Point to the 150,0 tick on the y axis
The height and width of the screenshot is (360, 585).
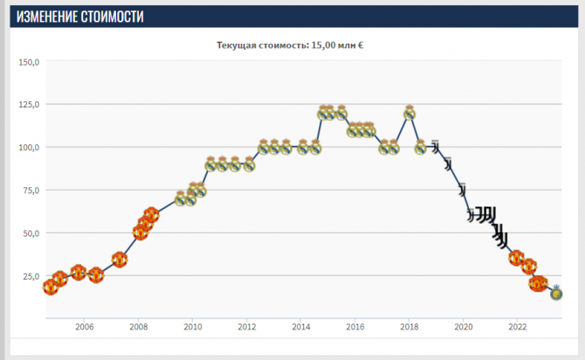pos(30,63)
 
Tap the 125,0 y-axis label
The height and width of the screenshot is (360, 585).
pos(30,105)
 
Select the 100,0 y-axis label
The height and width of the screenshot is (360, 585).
pos(30,148)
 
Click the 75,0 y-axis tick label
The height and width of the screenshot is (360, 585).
pos(31,190)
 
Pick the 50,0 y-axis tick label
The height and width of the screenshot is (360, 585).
pos(31,233)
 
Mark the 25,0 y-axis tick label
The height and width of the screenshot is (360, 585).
pos(31,276)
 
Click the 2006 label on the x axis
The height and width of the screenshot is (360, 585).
pos(85,329)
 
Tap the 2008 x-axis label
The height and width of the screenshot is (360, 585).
pos(139,329)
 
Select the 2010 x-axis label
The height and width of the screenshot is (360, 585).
pos(193,329)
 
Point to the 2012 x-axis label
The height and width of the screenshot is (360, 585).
pos(247,329)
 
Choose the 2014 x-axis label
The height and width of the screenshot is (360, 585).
pos(301,329)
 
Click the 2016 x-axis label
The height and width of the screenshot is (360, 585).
pos(355,329)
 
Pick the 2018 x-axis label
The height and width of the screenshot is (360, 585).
pos(409,329)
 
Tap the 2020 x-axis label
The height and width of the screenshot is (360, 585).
pos(464,329)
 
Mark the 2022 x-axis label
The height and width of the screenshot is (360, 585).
pos(518,329)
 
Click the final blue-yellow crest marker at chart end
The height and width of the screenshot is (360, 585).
pos(556,294)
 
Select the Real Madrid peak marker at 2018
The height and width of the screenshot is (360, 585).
pos(409,113)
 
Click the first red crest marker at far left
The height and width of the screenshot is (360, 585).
pos(51,287)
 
